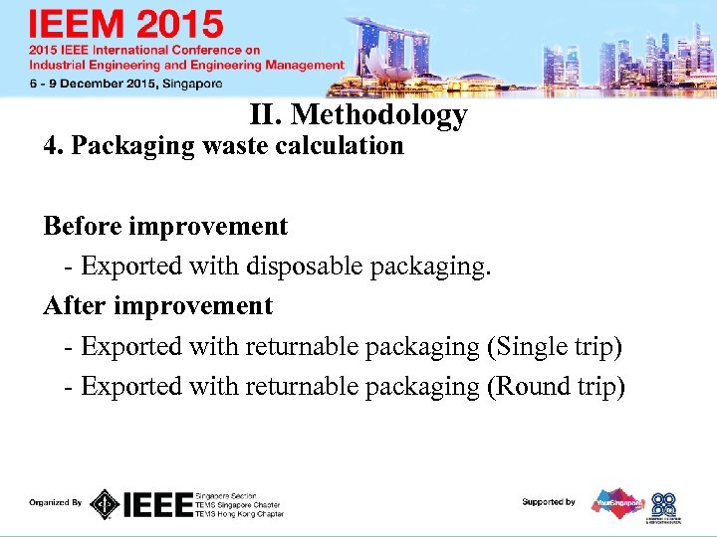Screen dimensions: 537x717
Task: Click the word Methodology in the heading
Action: pyautogui.click(x=379, y=116)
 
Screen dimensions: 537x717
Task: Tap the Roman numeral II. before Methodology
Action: pyautogui.click(x=268, y=115)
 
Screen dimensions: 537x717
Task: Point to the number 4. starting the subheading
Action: pyautogui.click(x=54, y=146)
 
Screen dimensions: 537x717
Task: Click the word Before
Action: pyautogui.click(x=85, y=226)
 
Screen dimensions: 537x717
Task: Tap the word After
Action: pyautogui.click(x=73, y=305)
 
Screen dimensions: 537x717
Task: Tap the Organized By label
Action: pyautogui.click(x=56, y=503)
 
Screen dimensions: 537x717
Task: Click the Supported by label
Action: pyautogui.click(x=549, y=502)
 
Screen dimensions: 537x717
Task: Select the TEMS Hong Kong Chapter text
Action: pyautogui.click(x=239, y=514)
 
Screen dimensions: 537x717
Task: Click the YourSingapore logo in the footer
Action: pyautogui.click(x=618, y=502)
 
